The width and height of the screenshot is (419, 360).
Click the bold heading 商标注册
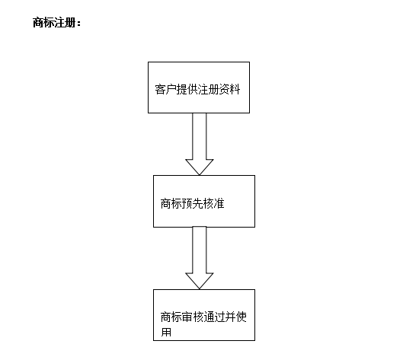pos(54,22)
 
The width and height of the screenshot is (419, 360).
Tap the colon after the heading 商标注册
pos(78,24)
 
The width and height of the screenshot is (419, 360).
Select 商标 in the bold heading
pos(43,22)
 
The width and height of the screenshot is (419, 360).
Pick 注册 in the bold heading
pos(65,22)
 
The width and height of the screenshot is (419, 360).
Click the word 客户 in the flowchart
pos(165,90)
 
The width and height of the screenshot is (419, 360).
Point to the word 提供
pos(187,90)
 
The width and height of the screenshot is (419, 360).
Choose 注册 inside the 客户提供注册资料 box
pos(208,90)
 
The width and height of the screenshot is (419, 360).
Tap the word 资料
pos(229,90)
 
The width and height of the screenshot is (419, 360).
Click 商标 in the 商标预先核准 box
pos(171,203)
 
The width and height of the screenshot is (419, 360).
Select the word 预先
pos(193,203)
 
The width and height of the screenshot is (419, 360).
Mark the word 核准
pos(214,203)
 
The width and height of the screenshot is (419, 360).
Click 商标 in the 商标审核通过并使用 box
pos(171,317)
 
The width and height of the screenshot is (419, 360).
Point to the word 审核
pos(193,317)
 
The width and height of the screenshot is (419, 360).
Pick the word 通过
pos(214,317)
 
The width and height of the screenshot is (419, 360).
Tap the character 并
pos(230,317)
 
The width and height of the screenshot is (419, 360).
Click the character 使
pos(241,317)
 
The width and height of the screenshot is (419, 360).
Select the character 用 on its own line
pos(166,332)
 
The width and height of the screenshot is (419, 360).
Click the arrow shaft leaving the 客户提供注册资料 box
pos(200,136)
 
